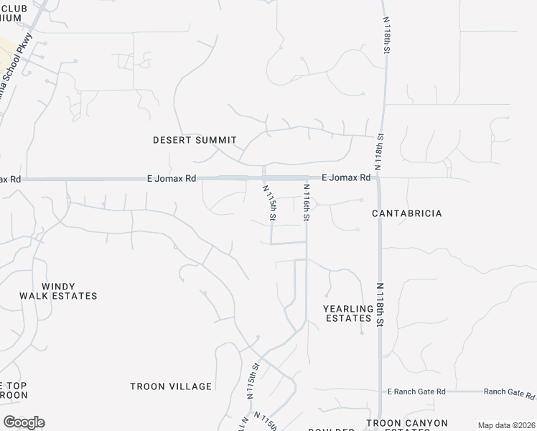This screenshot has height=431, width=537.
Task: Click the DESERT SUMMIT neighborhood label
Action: coord(195,140)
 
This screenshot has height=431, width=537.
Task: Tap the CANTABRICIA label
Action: coord(406,213)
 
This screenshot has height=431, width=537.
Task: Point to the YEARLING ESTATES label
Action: coord(349,313)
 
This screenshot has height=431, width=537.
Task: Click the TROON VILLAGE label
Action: coord(171,386)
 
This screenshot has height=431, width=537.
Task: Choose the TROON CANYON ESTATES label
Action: coord(406,424)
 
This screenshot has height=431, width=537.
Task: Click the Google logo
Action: coord(24,422)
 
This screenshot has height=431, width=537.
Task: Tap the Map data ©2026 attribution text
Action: coord(506,425)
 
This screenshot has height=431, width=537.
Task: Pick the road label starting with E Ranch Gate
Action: coord(416,391)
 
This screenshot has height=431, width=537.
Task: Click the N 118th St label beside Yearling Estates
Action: coord(380,305)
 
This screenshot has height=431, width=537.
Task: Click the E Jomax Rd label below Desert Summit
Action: coord(171,177)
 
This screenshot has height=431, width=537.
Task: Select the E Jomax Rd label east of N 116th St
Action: coord(346,177)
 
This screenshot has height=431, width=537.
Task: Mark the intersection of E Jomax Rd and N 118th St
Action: coord(379,177)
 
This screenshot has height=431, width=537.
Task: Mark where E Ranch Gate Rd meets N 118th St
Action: coord(379,391)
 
